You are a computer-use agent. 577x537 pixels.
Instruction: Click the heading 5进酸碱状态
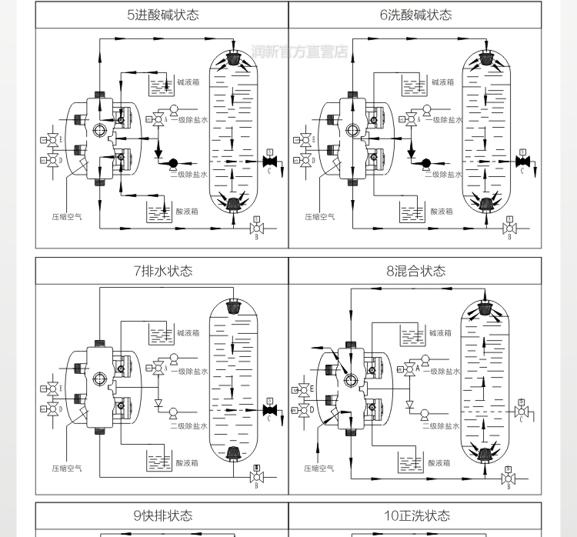pyautogui.click(x=163, y=15)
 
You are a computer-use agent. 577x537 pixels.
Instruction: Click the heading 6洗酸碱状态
pyautogui.click(x=415, y=15)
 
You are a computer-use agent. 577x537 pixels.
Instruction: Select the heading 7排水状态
pyautogui.click(x=163, y=271)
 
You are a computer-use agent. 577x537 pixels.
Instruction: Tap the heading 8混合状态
pyautogui.click(x=415, y=271)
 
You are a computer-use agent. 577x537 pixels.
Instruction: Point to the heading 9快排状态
pyautogui.click(x=163, y=515)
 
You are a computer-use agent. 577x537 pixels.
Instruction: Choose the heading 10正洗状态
pyautogui.click(x=415, y=515)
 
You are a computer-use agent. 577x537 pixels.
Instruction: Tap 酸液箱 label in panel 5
pyautogui.click(x=187, y=211)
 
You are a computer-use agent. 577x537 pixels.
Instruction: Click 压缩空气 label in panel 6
pyautogui.click(x=319, y=217)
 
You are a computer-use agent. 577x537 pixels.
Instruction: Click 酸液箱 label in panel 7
pyautogui.click(x=187, y=463)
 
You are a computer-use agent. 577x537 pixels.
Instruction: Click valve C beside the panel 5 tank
pyautogui.click(x=270, y=162)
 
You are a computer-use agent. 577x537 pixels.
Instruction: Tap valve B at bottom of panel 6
pyautogui.click(x=509, y=228)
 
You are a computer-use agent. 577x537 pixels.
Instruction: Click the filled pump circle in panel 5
pyautogui.click(x=172, y=162)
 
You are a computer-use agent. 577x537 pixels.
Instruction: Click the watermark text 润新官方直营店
pyautogui.click(x=300, y=52)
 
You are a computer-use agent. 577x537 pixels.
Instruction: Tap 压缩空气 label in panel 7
pyautogui.click(x=67, y=468)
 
